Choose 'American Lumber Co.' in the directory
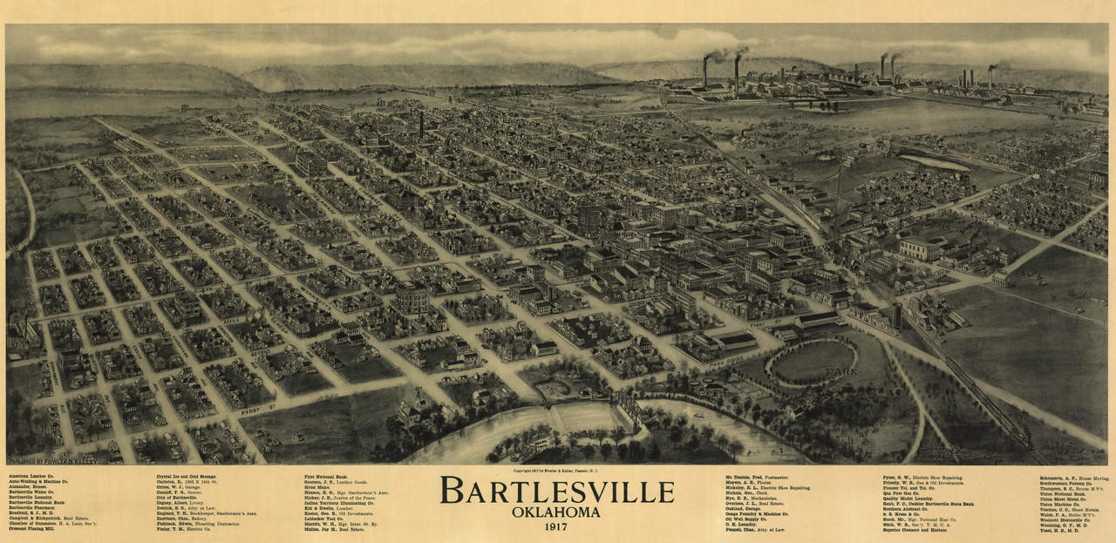click(33, 477)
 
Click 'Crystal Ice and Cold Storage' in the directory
click(187, 477)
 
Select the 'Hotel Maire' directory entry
click(317, 489)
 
